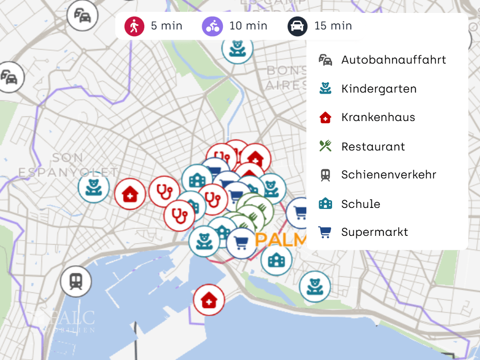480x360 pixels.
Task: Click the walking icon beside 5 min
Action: tap(134, 26)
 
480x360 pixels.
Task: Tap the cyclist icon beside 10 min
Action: tap(213, 26)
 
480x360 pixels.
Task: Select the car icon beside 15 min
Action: tap(297, 26)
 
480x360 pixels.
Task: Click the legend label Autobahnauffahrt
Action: tap(393, 59)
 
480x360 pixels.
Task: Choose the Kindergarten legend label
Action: tap(379, 88)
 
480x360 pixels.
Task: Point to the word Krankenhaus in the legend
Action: tap(378, 117)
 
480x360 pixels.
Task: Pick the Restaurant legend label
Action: tap(373, 146)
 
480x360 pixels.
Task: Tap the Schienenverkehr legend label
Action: tap(388, 175)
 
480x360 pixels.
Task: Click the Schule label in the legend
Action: tap(361, 204)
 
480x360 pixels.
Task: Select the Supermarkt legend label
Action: tap(374, 232)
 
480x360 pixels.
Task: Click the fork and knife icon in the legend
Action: tap(325, 146)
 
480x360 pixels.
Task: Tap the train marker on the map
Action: tap(76, 281)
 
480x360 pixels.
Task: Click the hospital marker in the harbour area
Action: tap(209, 299)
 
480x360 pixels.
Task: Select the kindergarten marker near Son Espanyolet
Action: tap(94, 187)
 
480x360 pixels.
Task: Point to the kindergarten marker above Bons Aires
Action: tap(237, 48)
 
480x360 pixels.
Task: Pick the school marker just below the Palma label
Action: tap(276, 259)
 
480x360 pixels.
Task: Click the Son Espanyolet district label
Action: tap(68, 164)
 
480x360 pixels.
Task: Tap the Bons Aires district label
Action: tap(286, 78)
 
